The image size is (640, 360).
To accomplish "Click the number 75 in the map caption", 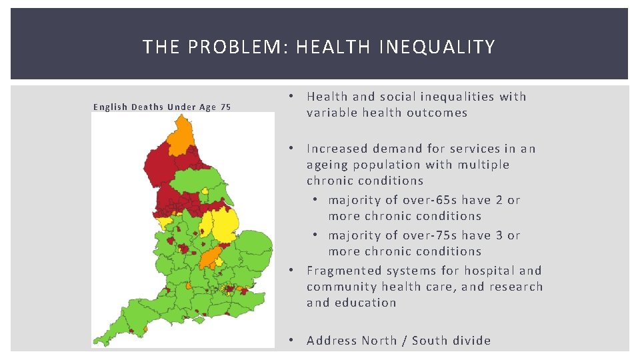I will coord(225,107).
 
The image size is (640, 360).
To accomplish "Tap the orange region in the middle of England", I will coord(211,257).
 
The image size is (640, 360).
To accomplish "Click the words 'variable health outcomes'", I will coord(387,113).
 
